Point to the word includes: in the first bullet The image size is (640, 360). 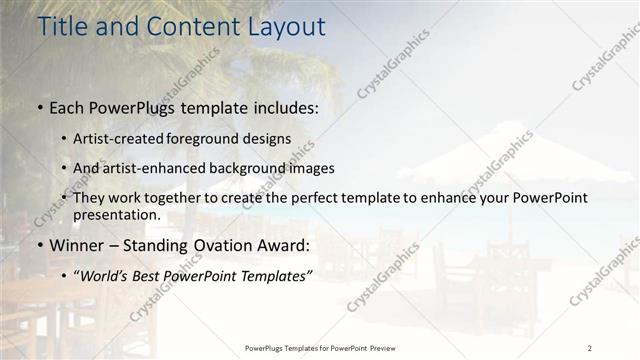coord(279,106)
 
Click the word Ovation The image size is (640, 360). coord(218,245)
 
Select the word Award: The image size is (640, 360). coord(281,245)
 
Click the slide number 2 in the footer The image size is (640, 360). coord(590,347)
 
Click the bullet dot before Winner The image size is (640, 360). coord(39,246)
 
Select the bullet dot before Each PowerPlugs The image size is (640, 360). coord(39,106)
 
